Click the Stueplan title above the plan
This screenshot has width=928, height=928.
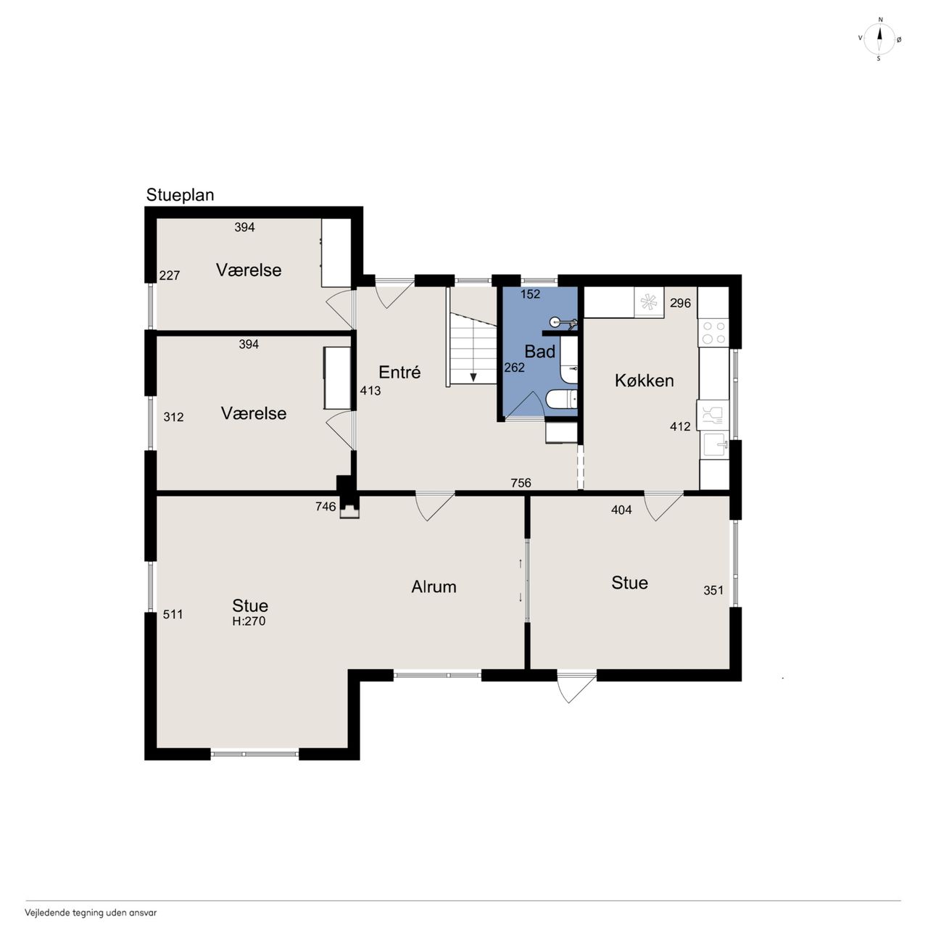click(180, 196)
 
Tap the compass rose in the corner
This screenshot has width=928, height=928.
click(879, 39)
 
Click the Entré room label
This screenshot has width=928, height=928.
click(399, 372)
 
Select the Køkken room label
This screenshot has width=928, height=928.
click(644, 381)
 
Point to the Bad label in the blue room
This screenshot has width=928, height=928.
click(539, 352)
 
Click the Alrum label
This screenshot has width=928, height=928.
click(434, 587)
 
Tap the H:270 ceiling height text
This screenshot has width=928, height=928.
click(249, 621)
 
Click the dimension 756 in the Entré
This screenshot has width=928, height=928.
click(521, 483)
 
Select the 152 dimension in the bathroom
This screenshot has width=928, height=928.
click(530, 294)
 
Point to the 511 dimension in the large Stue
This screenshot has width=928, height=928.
click(173, 614)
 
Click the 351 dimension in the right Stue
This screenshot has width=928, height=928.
click(713, 590)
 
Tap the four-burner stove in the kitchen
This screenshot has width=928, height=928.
click(713, 332)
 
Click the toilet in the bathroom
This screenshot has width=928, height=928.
click(562, 399)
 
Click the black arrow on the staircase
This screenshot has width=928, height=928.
click(473, 377)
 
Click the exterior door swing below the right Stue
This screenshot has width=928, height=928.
click(576, 687)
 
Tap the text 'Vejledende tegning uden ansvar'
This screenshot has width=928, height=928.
click(91, 912)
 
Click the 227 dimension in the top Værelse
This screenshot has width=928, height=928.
click(169, 275)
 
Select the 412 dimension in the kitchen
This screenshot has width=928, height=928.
click(680, 426)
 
